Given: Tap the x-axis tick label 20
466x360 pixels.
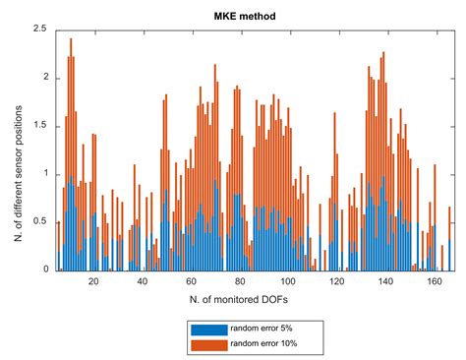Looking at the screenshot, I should pyautogui.click(x=93, y=281).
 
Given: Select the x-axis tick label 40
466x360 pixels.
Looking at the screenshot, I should pyautogui.click(x=142, y=281).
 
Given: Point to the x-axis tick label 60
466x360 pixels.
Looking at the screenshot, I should pyautogui.click(x=191, y=281).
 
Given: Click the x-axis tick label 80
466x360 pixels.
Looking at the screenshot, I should pyautogui.click(x=239, y=281).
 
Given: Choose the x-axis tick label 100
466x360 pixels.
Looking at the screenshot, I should pyautogui.click(x=287, y=281).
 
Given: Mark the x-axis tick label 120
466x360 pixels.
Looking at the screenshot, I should pyautogui.click(x=335, y=281).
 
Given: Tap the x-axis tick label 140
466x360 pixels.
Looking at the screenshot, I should pyautogui.click(x=383, y=281).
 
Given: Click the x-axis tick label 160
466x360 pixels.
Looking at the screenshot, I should pyautogui.click(x=433, y=281).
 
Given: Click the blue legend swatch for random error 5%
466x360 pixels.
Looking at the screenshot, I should pyautogui.click(x=207, y=330).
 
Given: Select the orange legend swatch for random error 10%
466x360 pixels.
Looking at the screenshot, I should pyautogui.click(x=207, y=342).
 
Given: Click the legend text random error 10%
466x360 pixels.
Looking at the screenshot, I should pyautogui.click(x=263, y=342).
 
